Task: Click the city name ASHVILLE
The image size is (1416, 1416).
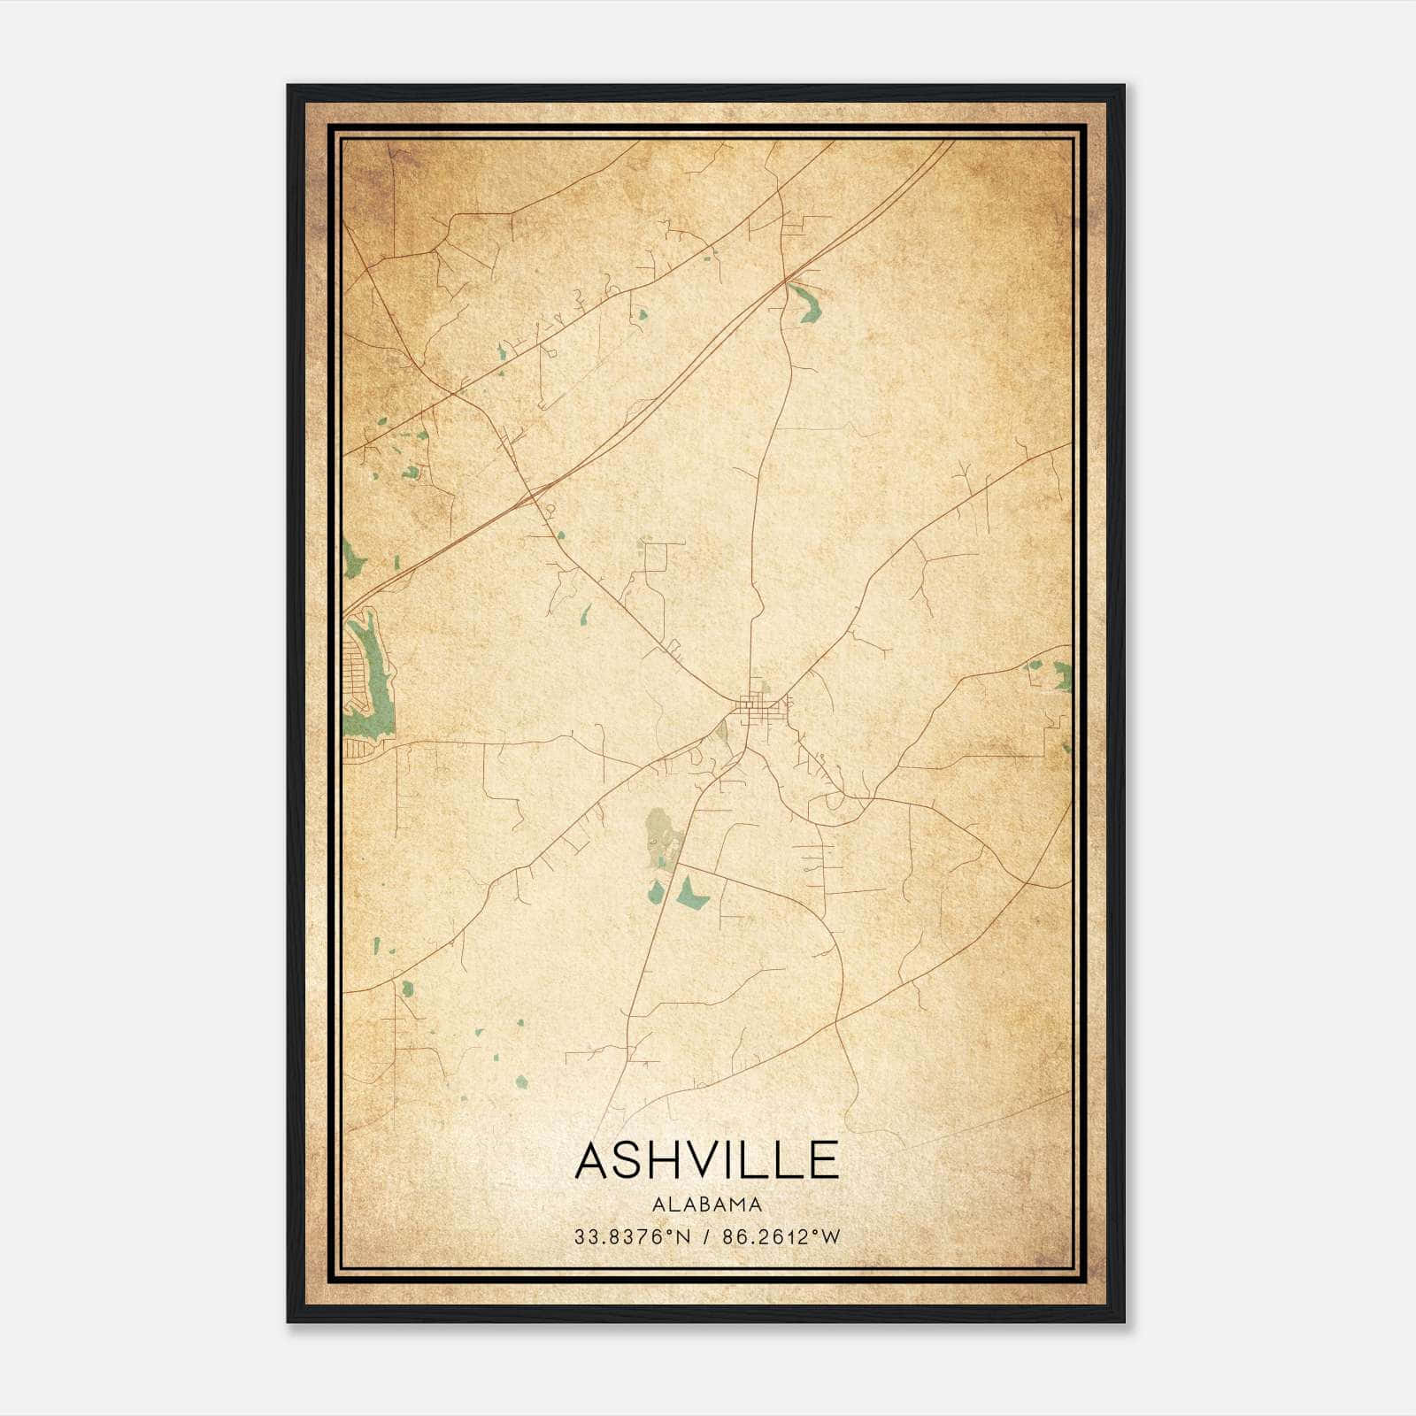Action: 706,1160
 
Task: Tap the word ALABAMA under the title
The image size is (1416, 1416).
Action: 706,1204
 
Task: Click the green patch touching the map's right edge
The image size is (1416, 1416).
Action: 1060,677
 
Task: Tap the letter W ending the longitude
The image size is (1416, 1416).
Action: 830,1237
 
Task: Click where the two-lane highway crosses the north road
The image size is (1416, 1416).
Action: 785,281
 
